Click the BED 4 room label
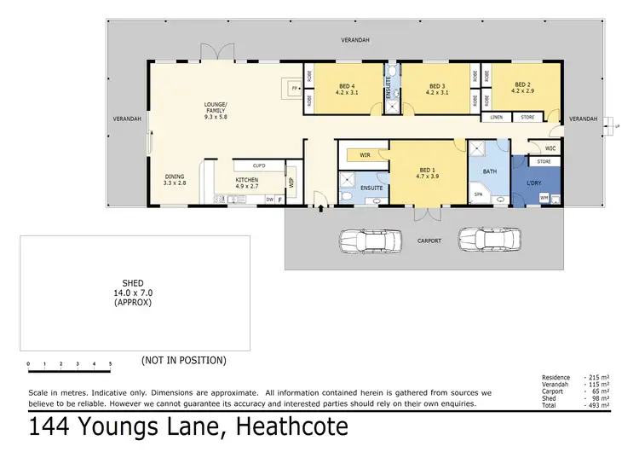tap(346, 89)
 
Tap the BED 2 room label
tap(522, 86)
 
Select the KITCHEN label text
tap(246, 183)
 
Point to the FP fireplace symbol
tap(295, 89)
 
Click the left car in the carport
tap(370, 240)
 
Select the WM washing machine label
tap(544, 198)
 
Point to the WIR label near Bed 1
tap(365, 155)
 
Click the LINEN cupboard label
tap(496, 117)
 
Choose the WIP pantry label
tap(291, 182)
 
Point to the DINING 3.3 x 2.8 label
tap(175, 181)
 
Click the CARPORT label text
tap(429, 241)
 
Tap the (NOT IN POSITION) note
tap(184, 360)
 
